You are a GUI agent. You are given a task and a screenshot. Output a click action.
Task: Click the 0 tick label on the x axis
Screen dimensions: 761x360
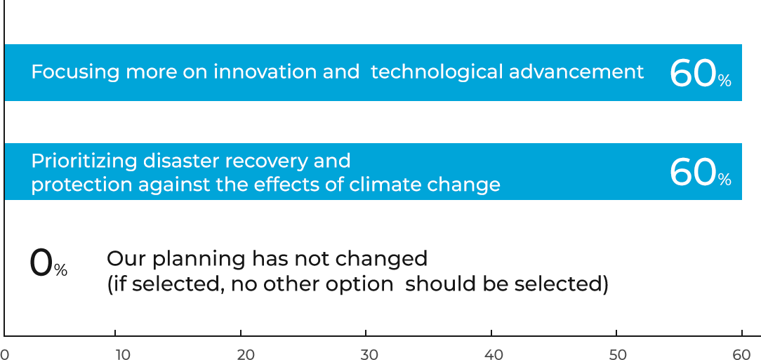[4, 354]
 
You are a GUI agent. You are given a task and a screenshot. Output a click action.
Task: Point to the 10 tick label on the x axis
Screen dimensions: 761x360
[124, 354]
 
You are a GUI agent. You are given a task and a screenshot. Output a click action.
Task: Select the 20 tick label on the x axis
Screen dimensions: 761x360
[246, 354]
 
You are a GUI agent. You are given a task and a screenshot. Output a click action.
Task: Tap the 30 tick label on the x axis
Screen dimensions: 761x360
[370, 354]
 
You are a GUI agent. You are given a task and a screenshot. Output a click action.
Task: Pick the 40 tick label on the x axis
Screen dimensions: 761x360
[494, 354]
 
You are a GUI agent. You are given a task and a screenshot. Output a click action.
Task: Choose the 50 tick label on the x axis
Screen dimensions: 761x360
[618, 354]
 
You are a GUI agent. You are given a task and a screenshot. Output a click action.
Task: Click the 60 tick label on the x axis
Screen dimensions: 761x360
[742, 354]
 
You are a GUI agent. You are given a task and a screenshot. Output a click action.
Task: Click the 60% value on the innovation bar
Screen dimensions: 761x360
[701, 74]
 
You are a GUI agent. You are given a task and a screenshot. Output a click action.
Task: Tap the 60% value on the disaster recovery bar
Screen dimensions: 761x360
[701, 173]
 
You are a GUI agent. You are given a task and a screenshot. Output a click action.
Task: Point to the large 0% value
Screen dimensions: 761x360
[48, 264]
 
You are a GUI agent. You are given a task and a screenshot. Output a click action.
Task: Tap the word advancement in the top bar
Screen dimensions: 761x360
[576, 72]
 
